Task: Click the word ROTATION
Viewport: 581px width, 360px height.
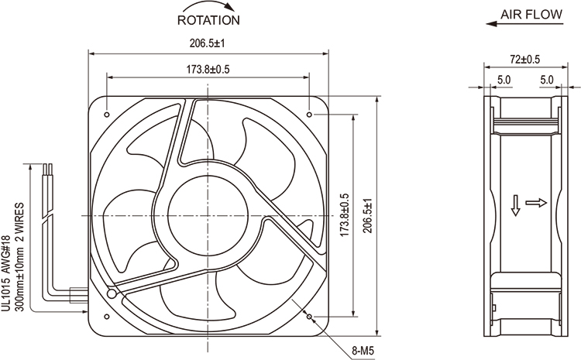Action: point(208,20)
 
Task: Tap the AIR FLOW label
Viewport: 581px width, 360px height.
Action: point(531,15)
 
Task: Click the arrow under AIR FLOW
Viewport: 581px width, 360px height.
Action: point(524,24)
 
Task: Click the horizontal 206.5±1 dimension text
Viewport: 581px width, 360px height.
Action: point(208,43)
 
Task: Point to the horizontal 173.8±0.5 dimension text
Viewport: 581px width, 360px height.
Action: point(208,69)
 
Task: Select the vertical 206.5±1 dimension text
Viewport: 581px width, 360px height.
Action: point(367,216)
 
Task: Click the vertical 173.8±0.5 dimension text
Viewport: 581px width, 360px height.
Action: point(345,215)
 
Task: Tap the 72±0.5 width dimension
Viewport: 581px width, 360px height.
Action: point(525,59)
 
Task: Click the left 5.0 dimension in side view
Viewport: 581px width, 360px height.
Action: point(504,80)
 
